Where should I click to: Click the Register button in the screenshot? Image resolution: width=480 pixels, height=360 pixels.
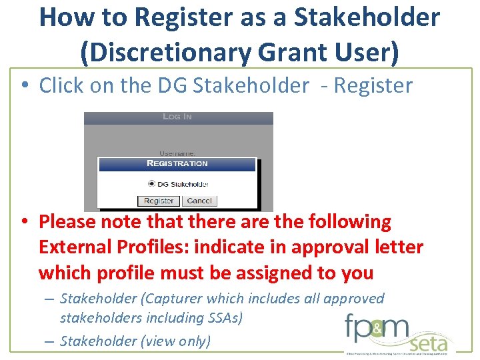pos(159,201)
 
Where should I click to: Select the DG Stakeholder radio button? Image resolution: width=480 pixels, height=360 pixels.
pos(151,183)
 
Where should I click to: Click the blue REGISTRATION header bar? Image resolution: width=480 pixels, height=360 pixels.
pos(177,163)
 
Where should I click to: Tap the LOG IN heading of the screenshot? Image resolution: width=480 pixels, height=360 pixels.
pos(177,117)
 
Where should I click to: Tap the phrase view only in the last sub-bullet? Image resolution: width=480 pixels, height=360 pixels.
pos(177,341)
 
